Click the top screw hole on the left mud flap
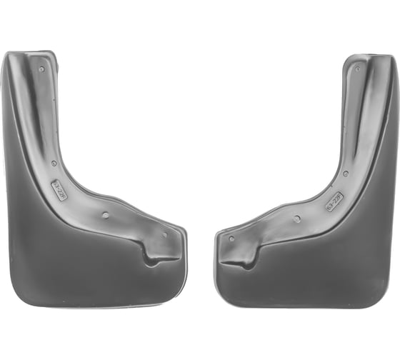coord(42,69)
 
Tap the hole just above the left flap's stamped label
coord(55,164)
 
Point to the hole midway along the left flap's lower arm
coord(106,214)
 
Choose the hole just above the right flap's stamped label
coord(346,173)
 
